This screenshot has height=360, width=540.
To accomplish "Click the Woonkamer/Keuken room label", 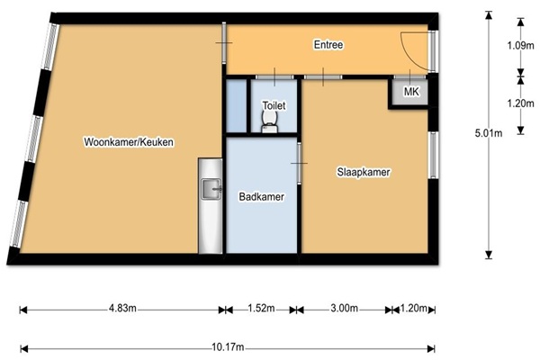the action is click(x=129, y=142).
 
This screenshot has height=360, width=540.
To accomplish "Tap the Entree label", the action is click(x=328, y=45).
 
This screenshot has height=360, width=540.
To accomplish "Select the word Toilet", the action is click(x=274, y=105).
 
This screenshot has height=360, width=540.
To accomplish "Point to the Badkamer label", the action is click(x=261, y=197).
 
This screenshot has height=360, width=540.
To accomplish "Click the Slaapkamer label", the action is click(x=364, y=172).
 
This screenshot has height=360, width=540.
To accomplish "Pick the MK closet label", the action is click(x=411, y=92).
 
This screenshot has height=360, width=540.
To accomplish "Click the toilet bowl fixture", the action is click(x=269, y=121).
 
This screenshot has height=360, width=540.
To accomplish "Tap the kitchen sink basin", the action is click(x=211, y=189).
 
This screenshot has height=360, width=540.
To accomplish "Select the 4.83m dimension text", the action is click(x=122, y=308).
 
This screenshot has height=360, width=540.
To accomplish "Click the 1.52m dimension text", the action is click(x=261, y=308).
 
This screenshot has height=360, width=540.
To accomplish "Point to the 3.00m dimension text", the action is click(x=345, y=308).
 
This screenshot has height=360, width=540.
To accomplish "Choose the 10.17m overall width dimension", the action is click(x=228, y=346).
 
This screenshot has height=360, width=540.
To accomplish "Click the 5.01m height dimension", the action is click(x=489, y=133).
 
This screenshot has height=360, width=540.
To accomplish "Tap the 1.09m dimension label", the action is click(x=521, y=45).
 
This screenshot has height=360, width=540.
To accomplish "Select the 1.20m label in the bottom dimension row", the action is click(x=414, y=308).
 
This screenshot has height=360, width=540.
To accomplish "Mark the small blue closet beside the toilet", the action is click(x=236, y=106).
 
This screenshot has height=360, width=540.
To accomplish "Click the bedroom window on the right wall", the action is click(x=433, y=155).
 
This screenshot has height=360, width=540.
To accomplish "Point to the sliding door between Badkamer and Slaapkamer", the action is click(x=299, y=163).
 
